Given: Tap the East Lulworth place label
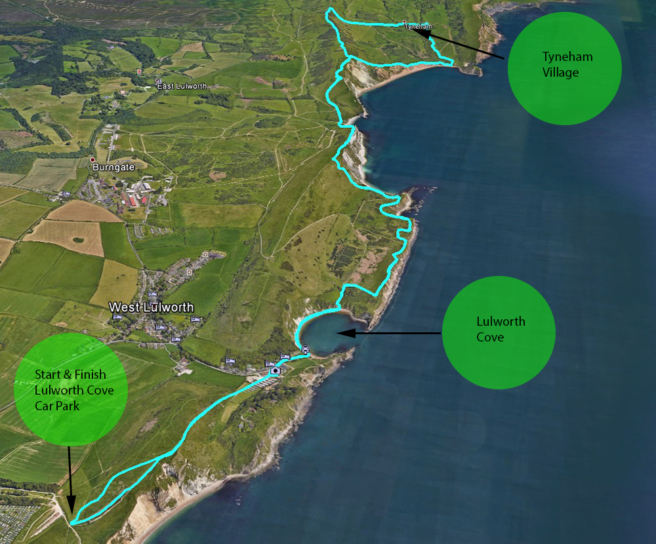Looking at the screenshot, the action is pos(182,87).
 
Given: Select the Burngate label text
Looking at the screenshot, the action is pos(113,167).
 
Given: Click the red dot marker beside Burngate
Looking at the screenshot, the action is pos(92,159).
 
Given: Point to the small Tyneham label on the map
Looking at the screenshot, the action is pos(418,26).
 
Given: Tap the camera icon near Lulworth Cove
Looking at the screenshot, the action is pos(276,370).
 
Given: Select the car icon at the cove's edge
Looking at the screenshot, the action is pos(304,348).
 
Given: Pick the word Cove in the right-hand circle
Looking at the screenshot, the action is pos(490,338).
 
